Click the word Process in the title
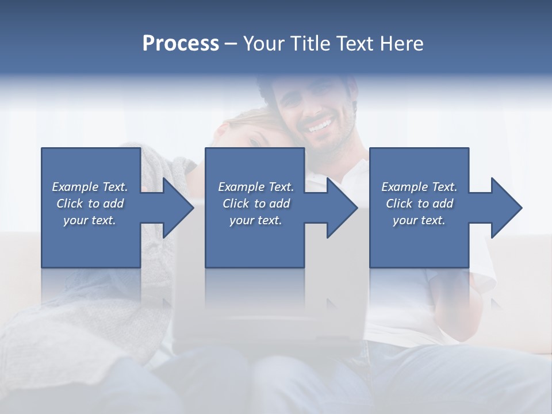(181, 44)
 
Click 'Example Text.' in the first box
(90, 187)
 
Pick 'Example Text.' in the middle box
(255, 187)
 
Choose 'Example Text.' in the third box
(419, 187)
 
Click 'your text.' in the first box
(90, 220)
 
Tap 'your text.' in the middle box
(255, 220)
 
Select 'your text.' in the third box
(419, 220)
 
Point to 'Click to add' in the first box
(90, 204)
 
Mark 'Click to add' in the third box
(419, 204)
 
